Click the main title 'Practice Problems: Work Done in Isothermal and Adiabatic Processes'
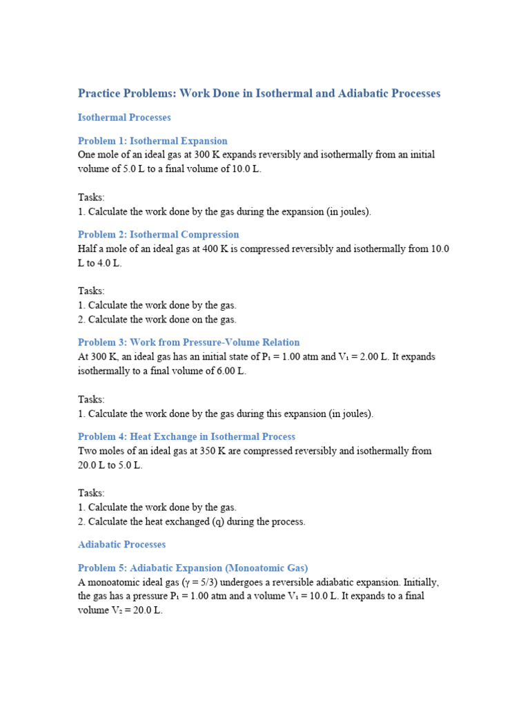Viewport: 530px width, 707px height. coord(259,93)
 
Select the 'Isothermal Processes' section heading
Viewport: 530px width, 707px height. coord(124,117)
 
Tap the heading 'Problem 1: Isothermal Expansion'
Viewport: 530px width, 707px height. coord(153,141)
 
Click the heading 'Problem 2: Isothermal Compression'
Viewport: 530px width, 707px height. coord(158,235)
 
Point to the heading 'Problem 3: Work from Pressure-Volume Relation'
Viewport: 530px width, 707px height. coord(188,342)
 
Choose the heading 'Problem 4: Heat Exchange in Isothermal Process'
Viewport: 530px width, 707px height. coord(186,436)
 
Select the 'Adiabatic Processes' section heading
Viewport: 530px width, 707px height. coord(122,545)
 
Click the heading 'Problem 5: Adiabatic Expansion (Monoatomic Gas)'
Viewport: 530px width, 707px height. coord(193,568)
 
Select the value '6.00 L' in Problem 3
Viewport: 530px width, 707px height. coord(231,371)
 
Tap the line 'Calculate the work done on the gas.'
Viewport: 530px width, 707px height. coord(162,319)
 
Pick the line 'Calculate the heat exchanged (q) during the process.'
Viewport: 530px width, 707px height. coord(197,521)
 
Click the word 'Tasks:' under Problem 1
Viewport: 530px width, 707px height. coord(91,197)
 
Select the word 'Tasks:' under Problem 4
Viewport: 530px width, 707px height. coord(91,493)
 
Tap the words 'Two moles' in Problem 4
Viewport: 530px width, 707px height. coord(101,451)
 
